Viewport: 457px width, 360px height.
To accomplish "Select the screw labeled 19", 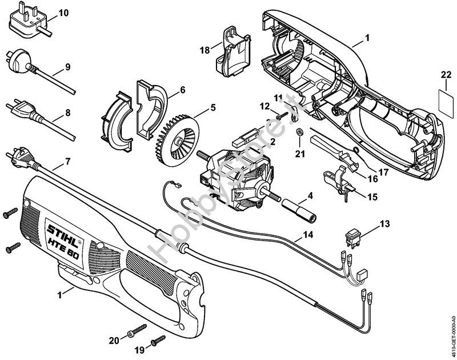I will tap(154, 343).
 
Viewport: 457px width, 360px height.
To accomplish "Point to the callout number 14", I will tap(308, 234).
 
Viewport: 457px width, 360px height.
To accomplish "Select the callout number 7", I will tap(67, 162).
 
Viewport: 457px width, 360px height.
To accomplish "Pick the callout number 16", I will tap(372, 178).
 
